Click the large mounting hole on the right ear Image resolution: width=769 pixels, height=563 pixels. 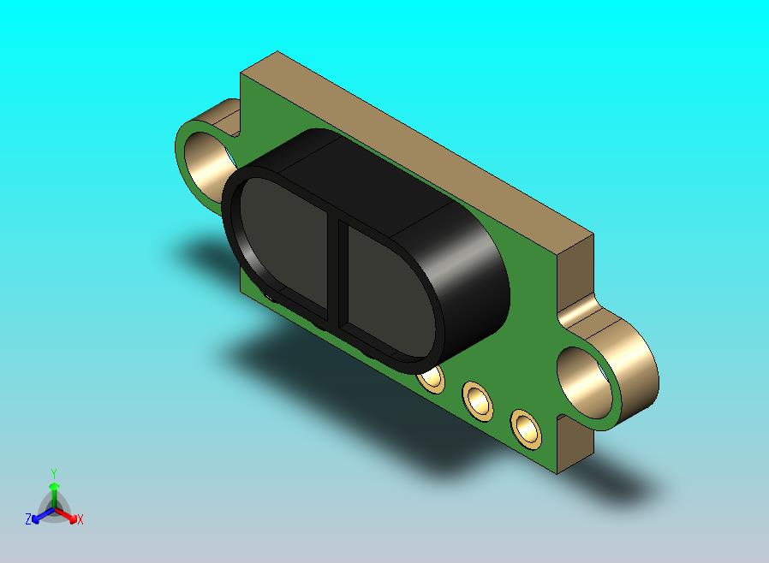pyautogui.click(x=586, y=382)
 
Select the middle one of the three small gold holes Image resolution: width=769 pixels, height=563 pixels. pyautogui.click(x=478, y=400)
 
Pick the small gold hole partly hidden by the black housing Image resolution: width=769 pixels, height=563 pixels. pyautogui.click(x=432, y=379)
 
